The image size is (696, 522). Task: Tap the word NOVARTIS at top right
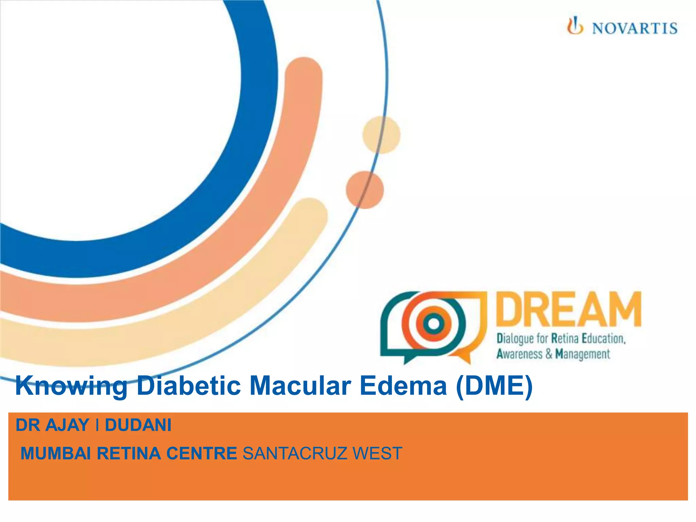(x=634, y=28)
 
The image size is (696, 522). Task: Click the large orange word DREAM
(x=569, y=310)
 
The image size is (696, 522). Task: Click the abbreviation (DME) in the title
(x=494, y=386)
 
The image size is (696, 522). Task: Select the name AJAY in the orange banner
(x=67, y=425)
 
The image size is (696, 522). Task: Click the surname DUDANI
(x=138, y=425)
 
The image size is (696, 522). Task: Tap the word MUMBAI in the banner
(x=56, y=453)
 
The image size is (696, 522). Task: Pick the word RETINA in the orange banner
(x=129, y=453)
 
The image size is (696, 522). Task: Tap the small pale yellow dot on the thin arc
(x=381, y=135)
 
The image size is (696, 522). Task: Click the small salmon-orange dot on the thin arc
(x=365, y=190)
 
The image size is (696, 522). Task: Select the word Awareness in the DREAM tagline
(x=519, y=354)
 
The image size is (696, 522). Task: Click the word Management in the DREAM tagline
(x=582, y=354)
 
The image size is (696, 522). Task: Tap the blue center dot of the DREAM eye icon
(x=434, y=323)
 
